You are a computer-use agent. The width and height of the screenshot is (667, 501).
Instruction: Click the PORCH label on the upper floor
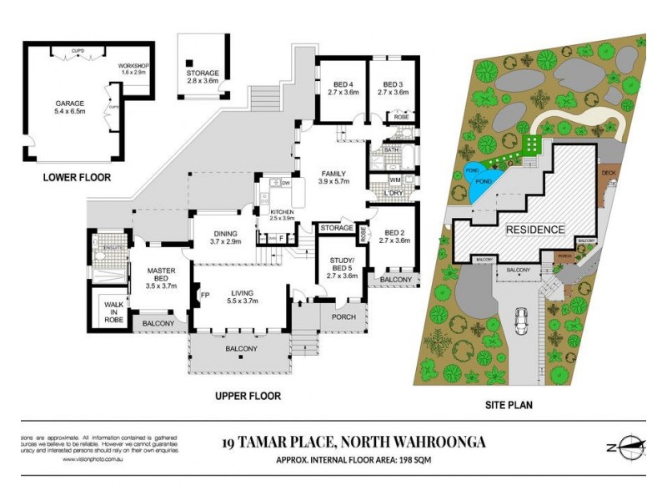pos(344,316)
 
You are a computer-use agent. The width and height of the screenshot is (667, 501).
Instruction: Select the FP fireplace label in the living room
pos(205,295)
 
